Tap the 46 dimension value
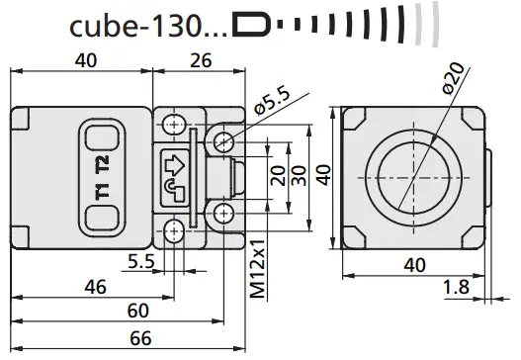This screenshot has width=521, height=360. click(x=95, y=287)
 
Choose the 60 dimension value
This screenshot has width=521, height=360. click(x=139, y=311)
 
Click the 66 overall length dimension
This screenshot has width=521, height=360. click(x=141, y=339)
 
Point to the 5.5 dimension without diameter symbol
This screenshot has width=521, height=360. click(x=139, y=263)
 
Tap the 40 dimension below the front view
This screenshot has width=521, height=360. click(x=416, y=264)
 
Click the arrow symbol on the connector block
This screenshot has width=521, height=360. click(x=174, y=160)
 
